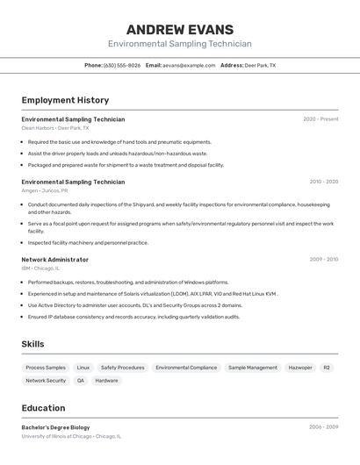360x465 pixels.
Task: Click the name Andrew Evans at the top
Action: (180, 29)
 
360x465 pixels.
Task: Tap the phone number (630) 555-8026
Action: (122, 65)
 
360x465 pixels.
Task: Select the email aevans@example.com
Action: (189, 65)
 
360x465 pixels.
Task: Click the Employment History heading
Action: (65, 100)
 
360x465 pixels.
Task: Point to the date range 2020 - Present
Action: (320, 119)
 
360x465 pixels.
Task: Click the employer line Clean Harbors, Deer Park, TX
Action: (54, 128)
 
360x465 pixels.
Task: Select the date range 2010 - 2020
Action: (323, 182)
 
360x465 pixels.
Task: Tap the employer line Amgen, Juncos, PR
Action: (45, 190)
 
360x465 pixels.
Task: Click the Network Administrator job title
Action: (54, 260)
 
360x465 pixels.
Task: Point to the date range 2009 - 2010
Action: (323, 260)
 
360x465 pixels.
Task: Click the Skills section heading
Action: (32, 344)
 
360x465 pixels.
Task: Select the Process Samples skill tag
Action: (46, 368)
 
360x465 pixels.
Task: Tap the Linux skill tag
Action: (83, 368)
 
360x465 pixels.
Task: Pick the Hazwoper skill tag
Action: (300, 368)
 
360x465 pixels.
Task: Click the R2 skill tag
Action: (327, 368)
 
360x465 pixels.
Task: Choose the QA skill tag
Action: (81, 381)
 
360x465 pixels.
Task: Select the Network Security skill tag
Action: (46, 381)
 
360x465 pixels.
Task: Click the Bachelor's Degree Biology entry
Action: (55, 427)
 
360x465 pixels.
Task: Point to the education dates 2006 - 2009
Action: (323, 427)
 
